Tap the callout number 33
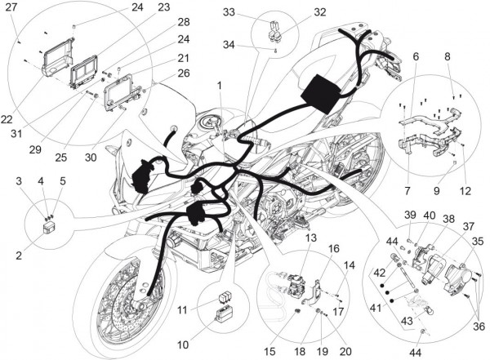pos(229,12)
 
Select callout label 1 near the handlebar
pos(219,85)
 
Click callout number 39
pos(409,214)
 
